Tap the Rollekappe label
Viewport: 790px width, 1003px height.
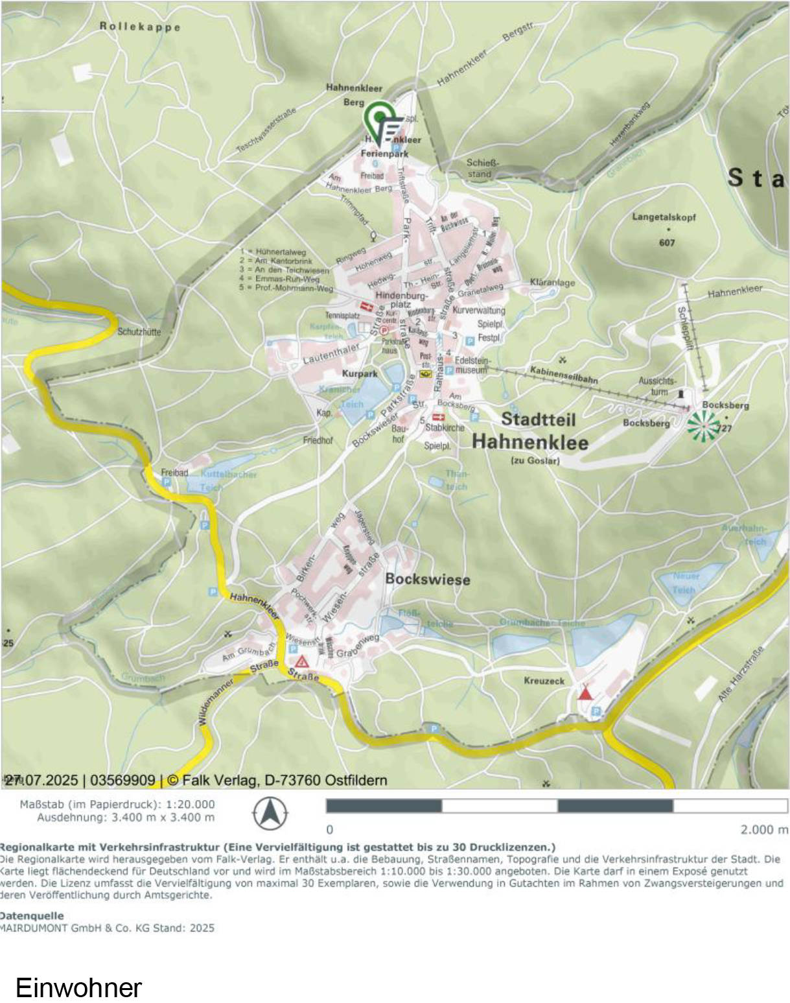pyautogui.click(x=140, y=27)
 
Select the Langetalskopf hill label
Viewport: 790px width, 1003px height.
pyautogui.click(x=664, y=217)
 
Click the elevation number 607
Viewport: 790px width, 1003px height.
pyautogui.click(x=667, y=242)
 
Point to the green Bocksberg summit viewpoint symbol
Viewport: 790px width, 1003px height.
pyautogui.click(x=703, y=426)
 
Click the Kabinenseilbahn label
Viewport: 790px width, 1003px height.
pyautogui.click(x=564, y=375)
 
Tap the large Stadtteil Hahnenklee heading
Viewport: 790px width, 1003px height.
pyautogui.click(x=530, y=431)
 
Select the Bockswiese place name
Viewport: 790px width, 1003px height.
pyautogui.click(x=428, y=579)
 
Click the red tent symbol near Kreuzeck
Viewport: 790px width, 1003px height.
pyautogui.click(x=585, y=693)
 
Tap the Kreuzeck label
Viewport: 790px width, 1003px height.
pyautogui.click(x=544, y=681)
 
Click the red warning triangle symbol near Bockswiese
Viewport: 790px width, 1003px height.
pyautogui.click(x=302, y=661)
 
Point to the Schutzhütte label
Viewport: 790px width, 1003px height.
pyautogui.click(x=139, y=332)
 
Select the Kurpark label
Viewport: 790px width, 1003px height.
pyautogui.click(x=360, y=373)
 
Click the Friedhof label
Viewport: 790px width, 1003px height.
pyautogui.click(x=318, y=440)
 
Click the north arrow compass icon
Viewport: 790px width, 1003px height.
pyautogui.click(x=270, y=813)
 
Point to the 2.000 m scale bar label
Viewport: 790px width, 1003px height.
pyautogui.click(x=764, y=829)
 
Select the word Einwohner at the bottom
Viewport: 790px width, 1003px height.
pyautogui.click(x=78, y=987)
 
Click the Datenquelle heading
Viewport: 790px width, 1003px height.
pyautogui.click(x=32, y=915)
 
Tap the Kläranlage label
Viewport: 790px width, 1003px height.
pyautogui.click(x=552, y=283)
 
